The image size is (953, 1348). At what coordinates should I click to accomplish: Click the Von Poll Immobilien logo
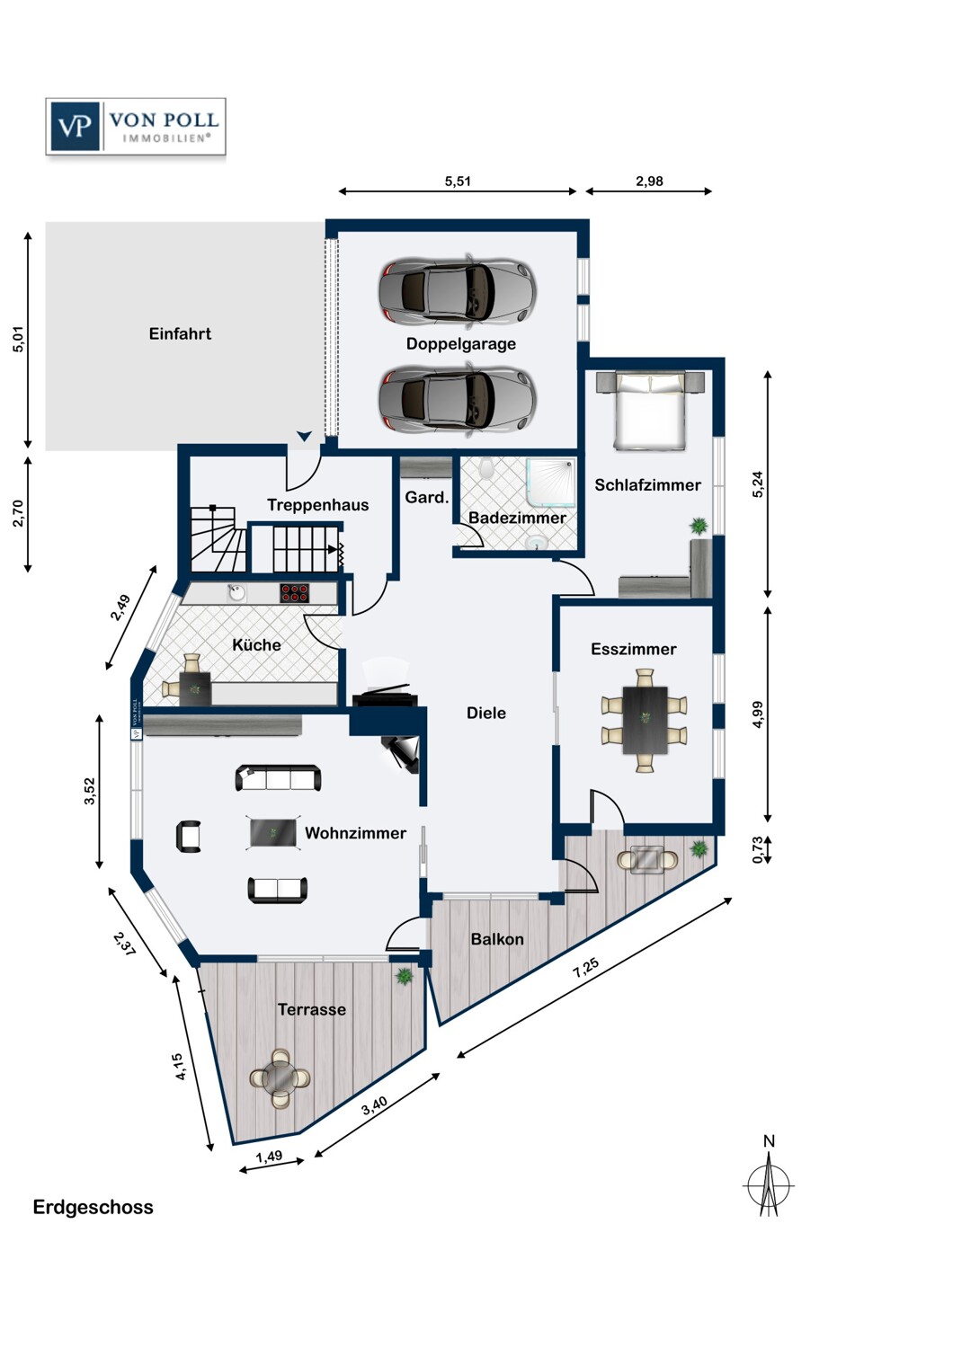[136, 127]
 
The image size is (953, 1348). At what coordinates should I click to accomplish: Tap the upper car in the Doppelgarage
[458, 290]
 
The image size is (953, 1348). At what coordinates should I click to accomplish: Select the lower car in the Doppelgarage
[458, 397]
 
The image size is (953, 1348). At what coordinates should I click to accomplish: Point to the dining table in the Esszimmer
[645, 720]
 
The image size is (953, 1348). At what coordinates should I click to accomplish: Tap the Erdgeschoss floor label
[94, 1207]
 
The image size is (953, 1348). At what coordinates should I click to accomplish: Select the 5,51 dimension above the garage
[458, 182]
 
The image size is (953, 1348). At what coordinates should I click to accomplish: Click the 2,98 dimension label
[649, 182]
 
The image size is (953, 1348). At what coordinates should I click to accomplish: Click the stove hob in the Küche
[295, 593]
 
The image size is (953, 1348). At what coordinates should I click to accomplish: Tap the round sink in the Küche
[236, 593]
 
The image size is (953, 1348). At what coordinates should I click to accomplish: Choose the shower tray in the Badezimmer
[550, 483]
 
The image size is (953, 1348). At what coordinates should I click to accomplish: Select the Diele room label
[485, 714]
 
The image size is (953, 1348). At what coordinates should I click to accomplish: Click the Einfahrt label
[180, 334]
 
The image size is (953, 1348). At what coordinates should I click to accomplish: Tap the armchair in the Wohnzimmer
[189, 837]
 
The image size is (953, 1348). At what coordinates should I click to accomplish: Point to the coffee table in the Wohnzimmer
[273, 833]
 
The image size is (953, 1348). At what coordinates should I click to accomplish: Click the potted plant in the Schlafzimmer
[699, 526]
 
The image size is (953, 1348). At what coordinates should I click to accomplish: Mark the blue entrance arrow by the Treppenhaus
[304, 436]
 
